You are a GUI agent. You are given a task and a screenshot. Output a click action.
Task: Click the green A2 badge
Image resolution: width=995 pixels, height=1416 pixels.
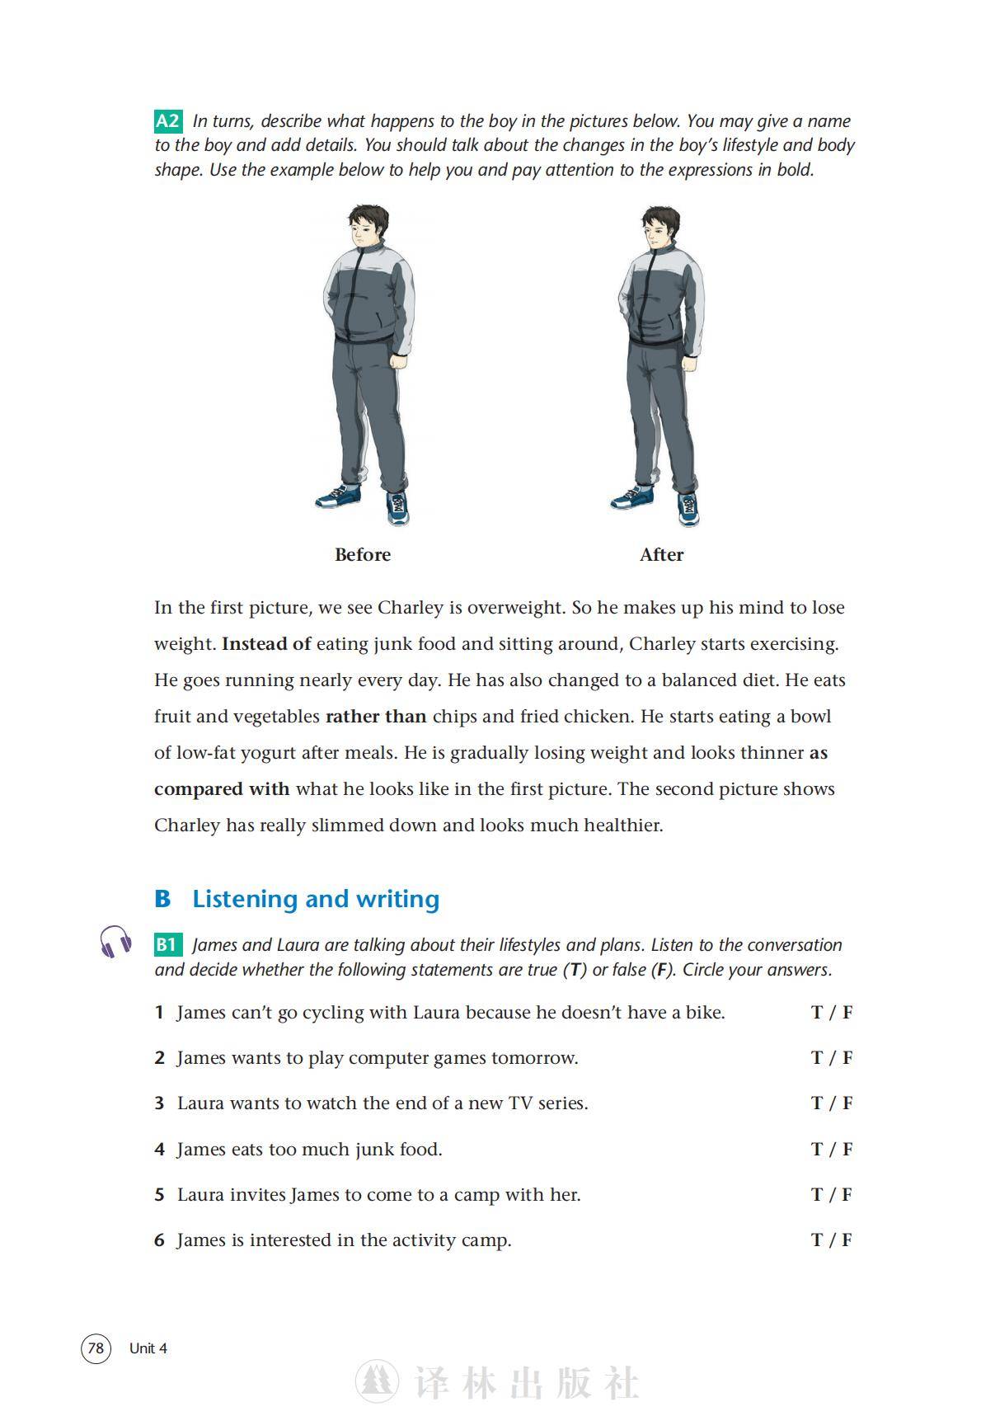(x=167, y=121)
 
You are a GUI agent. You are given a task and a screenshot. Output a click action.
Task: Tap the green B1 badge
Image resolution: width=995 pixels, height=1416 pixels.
(x=167, y=945)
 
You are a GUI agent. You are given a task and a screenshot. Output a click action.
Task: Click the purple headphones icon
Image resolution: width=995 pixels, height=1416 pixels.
(x=115, y=941)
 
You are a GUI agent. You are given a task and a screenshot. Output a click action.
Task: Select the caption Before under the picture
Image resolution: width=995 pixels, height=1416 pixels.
(x=363, y=555)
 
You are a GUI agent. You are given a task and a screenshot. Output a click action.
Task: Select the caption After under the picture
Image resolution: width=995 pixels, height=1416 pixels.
(x=661, y=555)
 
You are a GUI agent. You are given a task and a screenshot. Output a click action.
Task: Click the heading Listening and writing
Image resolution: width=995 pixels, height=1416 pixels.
(x=316, y=899)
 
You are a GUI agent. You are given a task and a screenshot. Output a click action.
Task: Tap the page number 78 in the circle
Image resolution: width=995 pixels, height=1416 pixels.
(x=96, y=1348)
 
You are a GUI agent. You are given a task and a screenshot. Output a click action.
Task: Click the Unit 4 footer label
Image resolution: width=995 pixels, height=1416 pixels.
(x=148, y=1348)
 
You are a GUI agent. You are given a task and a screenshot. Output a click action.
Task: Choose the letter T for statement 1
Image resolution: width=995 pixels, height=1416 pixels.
(x=817, y=1013)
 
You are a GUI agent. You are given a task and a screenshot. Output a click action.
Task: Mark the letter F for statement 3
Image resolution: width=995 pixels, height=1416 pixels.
(x=847, y=1103)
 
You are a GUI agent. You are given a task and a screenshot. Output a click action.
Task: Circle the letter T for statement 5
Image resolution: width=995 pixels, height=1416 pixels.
(x=817, y=1195)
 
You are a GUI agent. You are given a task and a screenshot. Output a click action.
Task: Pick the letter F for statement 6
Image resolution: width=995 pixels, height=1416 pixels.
(x=847, y=1240)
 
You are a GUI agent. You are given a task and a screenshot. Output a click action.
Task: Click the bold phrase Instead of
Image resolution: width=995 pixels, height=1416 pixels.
(x=266, y=644)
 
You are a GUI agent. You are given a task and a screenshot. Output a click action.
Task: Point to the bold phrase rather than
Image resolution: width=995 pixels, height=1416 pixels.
(x=376, y=717)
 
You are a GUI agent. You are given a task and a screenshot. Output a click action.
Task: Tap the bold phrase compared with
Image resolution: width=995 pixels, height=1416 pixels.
(x=222, y=789)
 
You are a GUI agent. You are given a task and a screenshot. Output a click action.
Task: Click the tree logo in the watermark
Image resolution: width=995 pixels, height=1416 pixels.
(x=377, y=1381)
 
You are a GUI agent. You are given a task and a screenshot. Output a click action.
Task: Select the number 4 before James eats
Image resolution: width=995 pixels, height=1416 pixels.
(x=159, y=1150)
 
